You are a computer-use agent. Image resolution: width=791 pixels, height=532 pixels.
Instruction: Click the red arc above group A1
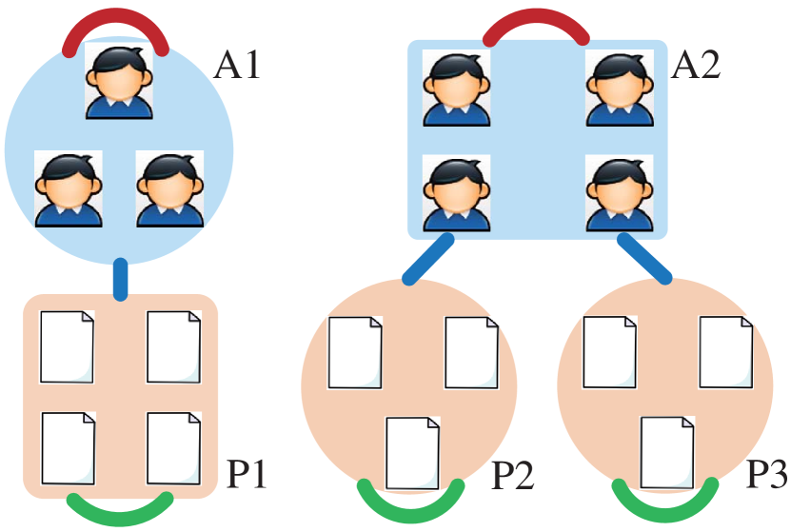(116, 26)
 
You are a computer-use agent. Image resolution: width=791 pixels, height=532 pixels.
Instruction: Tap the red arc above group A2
(536, 26)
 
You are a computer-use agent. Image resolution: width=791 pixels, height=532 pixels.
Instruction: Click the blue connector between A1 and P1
(121, 277)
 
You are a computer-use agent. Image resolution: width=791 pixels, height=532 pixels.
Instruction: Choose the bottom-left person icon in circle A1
(69, 188)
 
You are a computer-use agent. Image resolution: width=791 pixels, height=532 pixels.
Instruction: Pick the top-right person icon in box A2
(618, 88)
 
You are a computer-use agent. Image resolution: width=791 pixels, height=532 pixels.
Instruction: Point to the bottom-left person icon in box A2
(456, 194)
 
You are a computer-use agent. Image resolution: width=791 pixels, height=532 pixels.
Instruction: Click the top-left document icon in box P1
(67, 345)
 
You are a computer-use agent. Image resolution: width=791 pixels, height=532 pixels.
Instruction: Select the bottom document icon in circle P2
(411, 453)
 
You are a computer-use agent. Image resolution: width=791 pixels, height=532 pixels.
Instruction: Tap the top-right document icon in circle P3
(725, 353)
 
